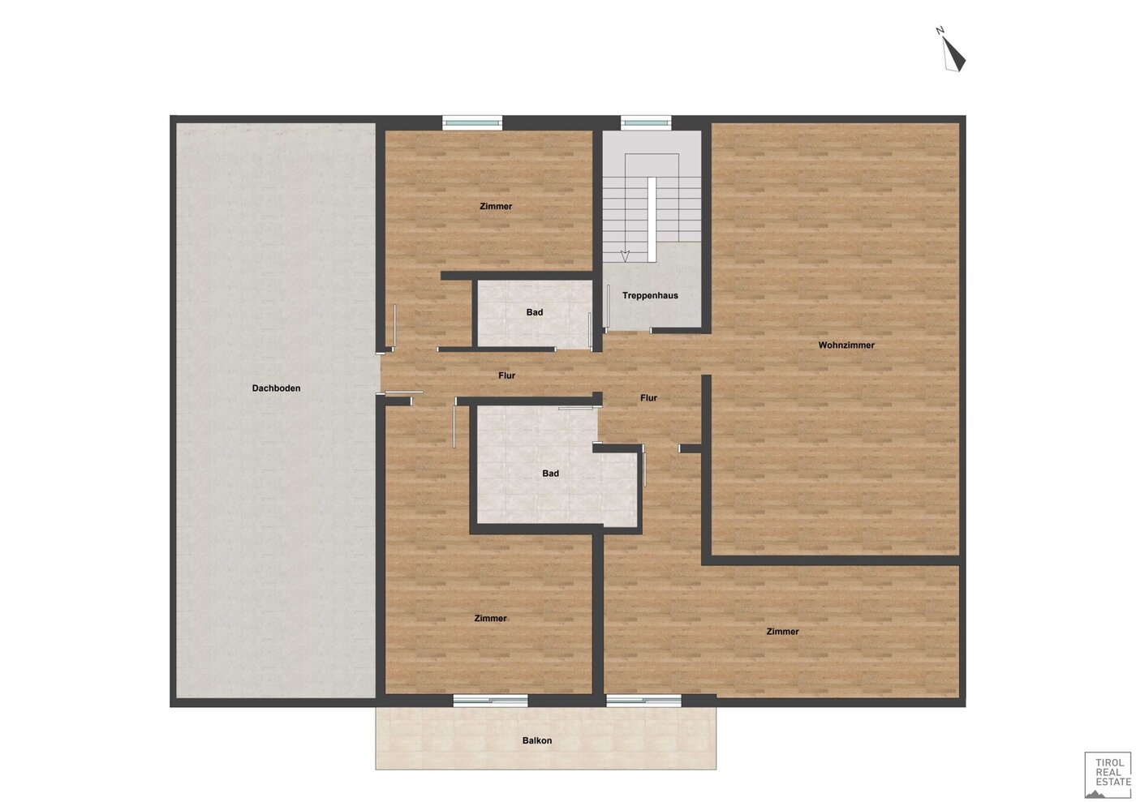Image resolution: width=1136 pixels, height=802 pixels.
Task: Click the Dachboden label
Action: click(276, 388)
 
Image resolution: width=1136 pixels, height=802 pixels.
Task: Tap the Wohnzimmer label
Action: click(846, 345)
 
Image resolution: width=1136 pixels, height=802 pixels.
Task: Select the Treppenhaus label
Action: click(650, 295)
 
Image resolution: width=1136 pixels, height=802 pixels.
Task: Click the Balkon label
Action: click(537, 740)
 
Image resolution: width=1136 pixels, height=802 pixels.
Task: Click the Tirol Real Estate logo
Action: click(1108, 774)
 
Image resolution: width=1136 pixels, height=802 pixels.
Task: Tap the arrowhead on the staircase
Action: click(625, 256)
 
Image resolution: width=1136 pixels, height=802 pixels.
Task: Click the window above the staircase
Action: click(646, 122)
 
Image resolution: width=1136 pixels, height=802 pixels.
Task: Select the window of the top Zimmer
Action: click(472, 122)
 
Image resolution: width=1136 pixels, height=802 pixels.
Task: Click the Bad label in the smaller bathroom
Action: click(535, 312)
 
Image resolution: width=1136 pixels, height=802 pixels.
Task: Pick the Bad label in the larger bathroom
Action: click(550, 474)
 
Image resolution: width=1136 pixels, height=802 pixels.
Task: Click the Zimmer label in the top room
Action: click(496, 206)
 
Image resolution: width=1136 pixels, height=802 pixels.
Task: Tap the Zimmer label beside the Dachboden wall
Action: click(490, 619)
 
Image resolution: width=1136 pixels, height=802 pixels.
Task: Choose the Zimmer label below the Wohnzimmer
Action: click(782, 632)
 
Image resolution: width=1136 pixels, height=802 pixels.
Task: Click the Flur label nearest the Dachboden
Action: click(506, 375)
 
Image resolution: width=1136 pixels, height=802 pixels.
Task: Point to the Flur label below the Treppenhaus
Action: click(648, 398)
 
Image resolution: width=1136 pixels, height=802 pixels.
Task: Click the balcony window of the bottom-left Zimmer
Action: click(490, 701)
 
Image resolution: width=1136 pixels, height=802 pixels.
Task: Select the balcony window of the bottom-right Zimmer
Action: click(643, 701)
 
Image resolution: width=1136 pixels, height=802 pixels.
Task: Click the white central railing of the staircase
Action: click(652, 220)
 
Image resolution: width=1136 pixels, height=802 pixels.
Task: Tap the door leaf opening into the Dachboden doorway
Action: click(404, 392)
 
